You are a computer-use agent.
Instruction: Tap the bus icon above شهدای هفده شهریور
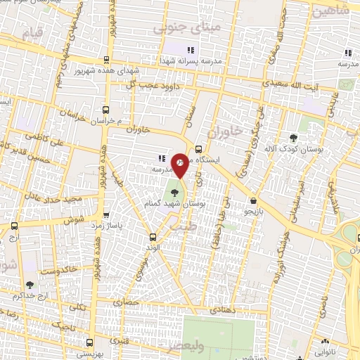[x=105, y=61]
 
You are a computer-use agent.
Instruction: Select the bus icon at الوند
[x=153, y=237]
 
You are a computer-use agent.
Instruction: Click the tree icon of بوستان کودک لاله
[x=293, y=139]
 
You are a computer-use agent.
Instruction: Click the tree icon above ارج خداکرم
[x=30, y=285]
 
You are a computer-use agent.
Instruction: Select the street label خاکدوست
[x=58, y=269]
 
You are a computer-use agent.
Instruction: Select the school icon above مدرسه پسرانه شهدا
[x=190, y=50]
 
